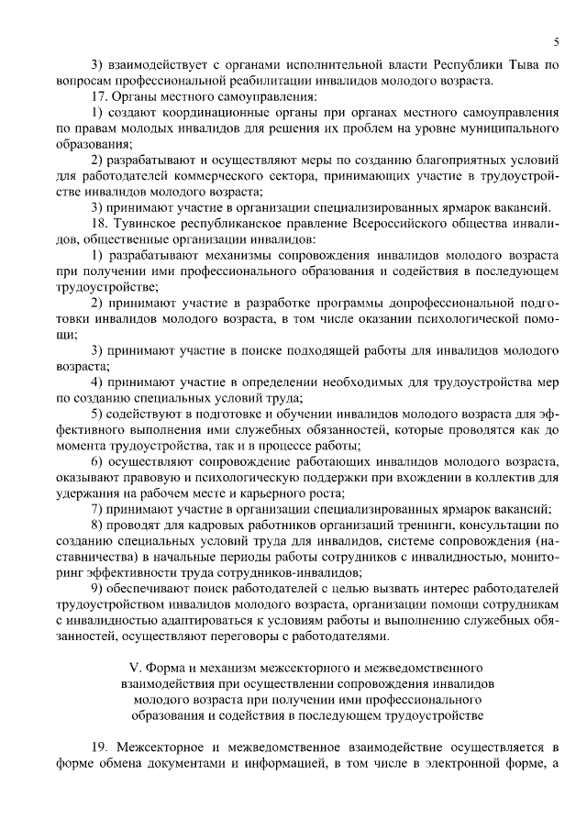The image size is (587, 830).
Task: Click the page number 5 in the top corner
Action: (557, 40)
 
